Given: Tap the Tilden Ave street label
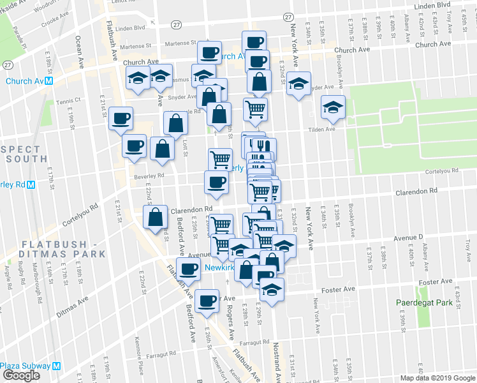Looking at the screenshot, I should (x=322, y=130).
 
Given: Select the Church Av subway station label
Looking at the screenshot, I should (x=29, y=82).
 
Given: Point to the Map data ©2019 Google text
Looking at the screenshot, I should (x=438, y=378).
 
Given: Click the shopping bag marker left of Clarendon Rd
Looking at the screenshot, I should (x=156, y=216).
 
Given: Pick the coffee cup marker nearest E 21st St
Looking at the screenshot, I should (x=121, y=117).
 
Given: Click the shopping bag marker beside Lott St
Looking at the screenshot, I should (x=176, y=122).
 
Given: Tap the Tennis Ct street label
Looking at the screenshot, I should (x=69, y=100).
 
